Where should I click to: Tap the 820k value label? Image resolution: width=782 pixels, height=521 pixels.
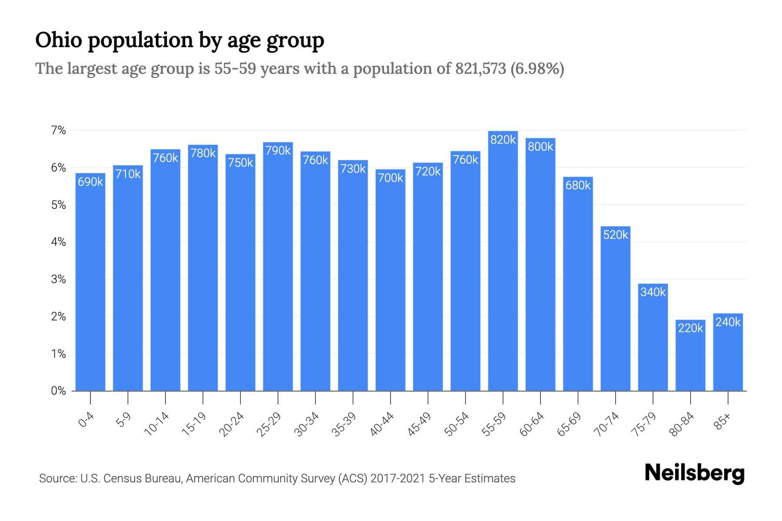[x=503, y=140]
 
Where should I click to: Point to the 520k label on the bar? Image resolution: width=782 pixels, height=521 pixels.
[x=615, y=235]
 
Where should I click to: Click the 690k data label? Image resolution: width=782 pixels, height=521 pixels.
[x=90, y=182]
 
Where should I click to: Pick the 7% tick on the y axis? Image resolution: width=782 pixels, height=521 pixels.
[x=58, y=130]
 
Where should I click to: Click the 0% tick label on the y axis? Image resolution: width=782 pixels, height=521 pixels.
[x=58, y=391]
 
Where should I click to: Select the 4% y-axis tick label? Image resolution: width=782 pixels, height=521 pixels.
[x=58, y=242]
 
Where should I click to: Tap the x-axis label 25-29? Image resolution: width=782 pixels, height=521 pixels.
[x=269, y=424]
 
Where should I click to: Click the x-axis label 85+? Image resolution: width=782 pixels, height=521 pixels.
[x=722, y=422]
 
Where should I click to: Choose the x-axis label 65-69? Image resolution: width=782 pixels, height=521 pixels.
[x=569, y=424]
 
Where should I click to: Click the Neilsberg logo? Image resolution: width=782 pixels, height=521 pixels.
[x=694, y=473]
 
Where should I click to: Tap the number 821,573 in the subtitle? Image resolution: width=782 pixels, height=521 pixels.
[x=480, y=69]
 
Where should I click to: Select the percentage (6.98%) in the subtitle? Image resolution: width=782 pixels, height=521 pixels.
[x=537, y=69]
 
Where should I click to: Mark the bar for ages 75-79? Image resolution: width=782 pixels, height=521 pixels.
[x=653, y=339]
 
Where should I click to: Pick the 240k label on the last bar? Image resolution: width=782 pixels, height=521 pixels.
[x=728, y=322]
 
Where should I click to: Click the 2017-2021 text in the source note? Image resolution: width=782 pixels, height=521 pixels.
[x=398, y=478]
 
